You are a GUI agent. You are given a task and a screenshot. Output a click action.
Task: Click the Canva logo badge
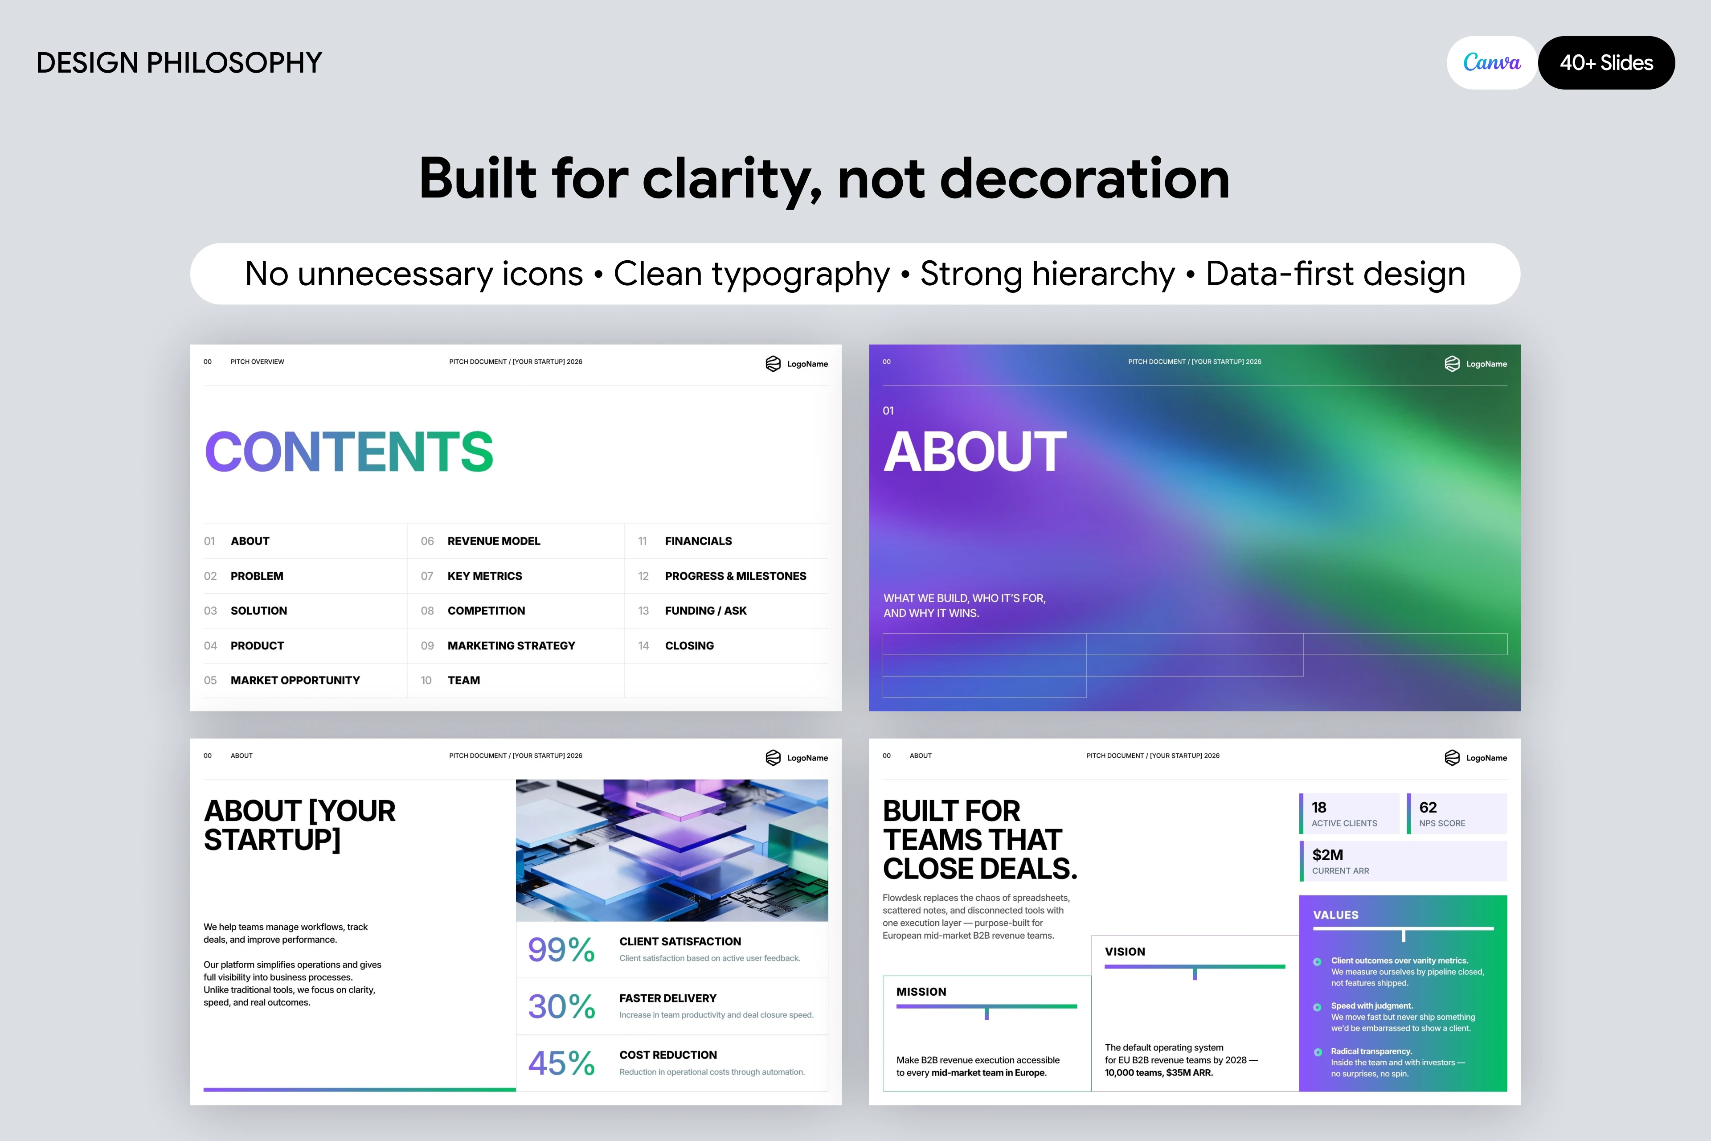pos(1491,62)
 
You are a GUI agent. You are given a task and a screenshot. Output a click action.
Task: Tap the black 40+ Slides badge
pos(1606,62)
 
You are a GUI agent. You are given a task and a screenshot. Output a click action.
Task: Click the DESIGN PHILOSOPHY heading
pos(179,62)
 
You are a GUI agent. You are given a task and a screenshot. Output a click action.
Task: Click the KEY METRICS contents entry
pos(484,575)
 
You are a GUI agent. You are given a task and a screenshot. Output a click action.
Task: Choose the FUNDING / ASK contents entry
pos(706,611)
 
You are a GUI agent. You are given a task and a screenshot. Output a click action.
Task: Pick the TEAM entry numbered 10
pos(463,681)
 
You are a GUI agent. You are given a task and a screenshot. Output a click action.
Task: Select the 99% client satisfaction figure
pos(561,950)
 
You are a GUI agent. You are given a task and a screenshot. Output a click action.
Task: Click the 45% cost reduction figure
pos(561,1063)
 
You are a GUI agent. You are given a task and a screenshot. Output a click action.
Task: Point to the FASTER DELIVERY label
pos(668,998)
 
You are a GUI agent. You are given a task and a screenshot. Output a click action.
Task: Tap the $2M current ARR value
pos(1328,855)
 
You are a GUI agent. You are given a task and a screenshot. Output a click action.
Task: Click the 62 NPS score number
pos(1428,808)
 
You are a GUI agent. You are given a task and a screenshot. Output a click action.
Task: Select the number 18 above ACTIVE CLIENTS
pos(1319,808)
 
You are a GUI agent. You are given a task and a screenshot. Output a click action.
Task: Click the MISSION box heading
pos(921,992)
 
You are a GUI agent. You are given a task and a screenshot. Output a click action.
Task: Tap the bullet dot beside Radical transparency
pos(1318,1052)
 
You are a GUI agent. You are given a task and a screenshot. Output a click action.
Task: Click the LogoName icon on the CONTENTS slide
pos(774,364)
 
